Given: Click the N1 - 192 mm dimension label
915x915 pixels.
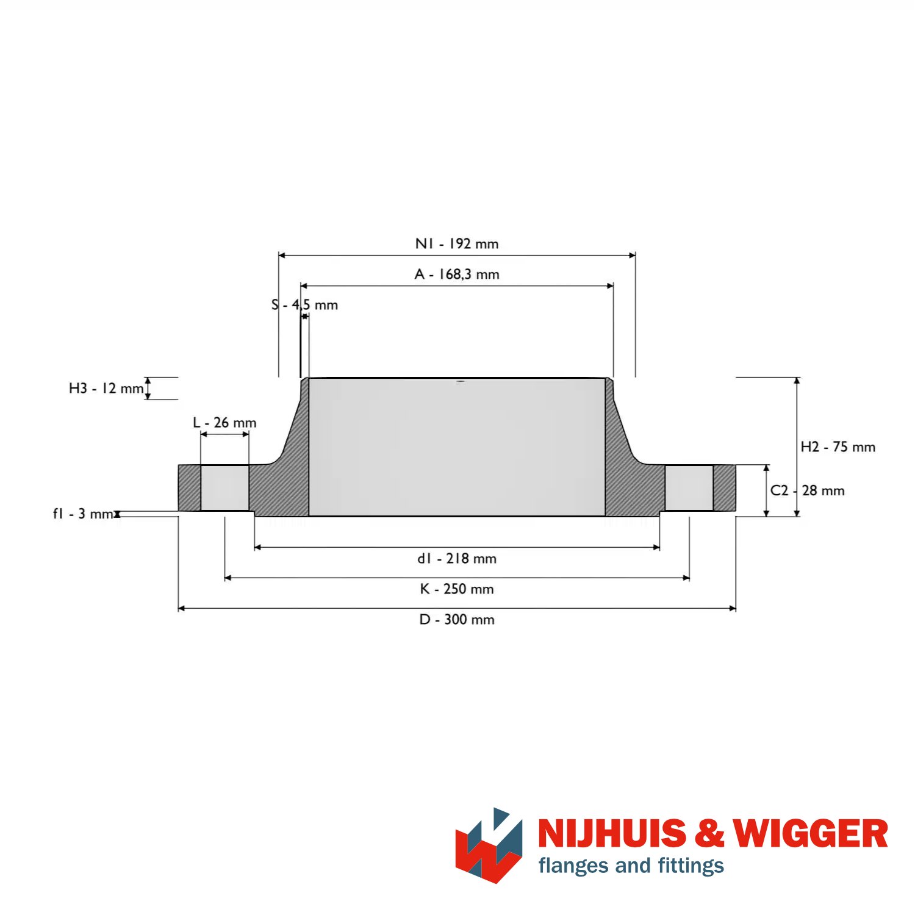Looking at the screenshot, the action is tap(457, 244).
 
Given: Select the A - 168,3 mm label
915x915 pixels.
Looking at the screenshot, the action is tap(457, 274).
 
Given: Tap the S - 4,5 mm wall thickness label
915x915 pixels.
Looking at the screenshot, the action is tap(304, 304).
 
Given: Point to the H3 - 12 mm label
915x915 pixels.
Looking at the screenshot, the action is tap(106, 389).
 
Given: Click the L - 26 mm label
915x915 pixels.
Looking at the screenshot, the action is tap(224, 423).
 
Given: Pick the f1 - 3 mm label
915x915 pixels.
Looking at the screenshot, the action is tap(83, 514).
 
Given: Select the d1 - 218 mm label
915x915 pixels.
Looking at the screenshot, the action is tap(457, 559).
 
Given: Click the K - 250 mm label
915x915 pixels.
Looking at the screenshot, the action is tap(457, 589).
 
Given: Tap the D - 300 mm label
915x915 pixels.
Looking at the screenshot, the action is tap(457, 620).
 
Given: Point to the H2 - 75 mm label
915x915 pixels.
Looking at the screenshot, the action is tap(838, 447).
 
